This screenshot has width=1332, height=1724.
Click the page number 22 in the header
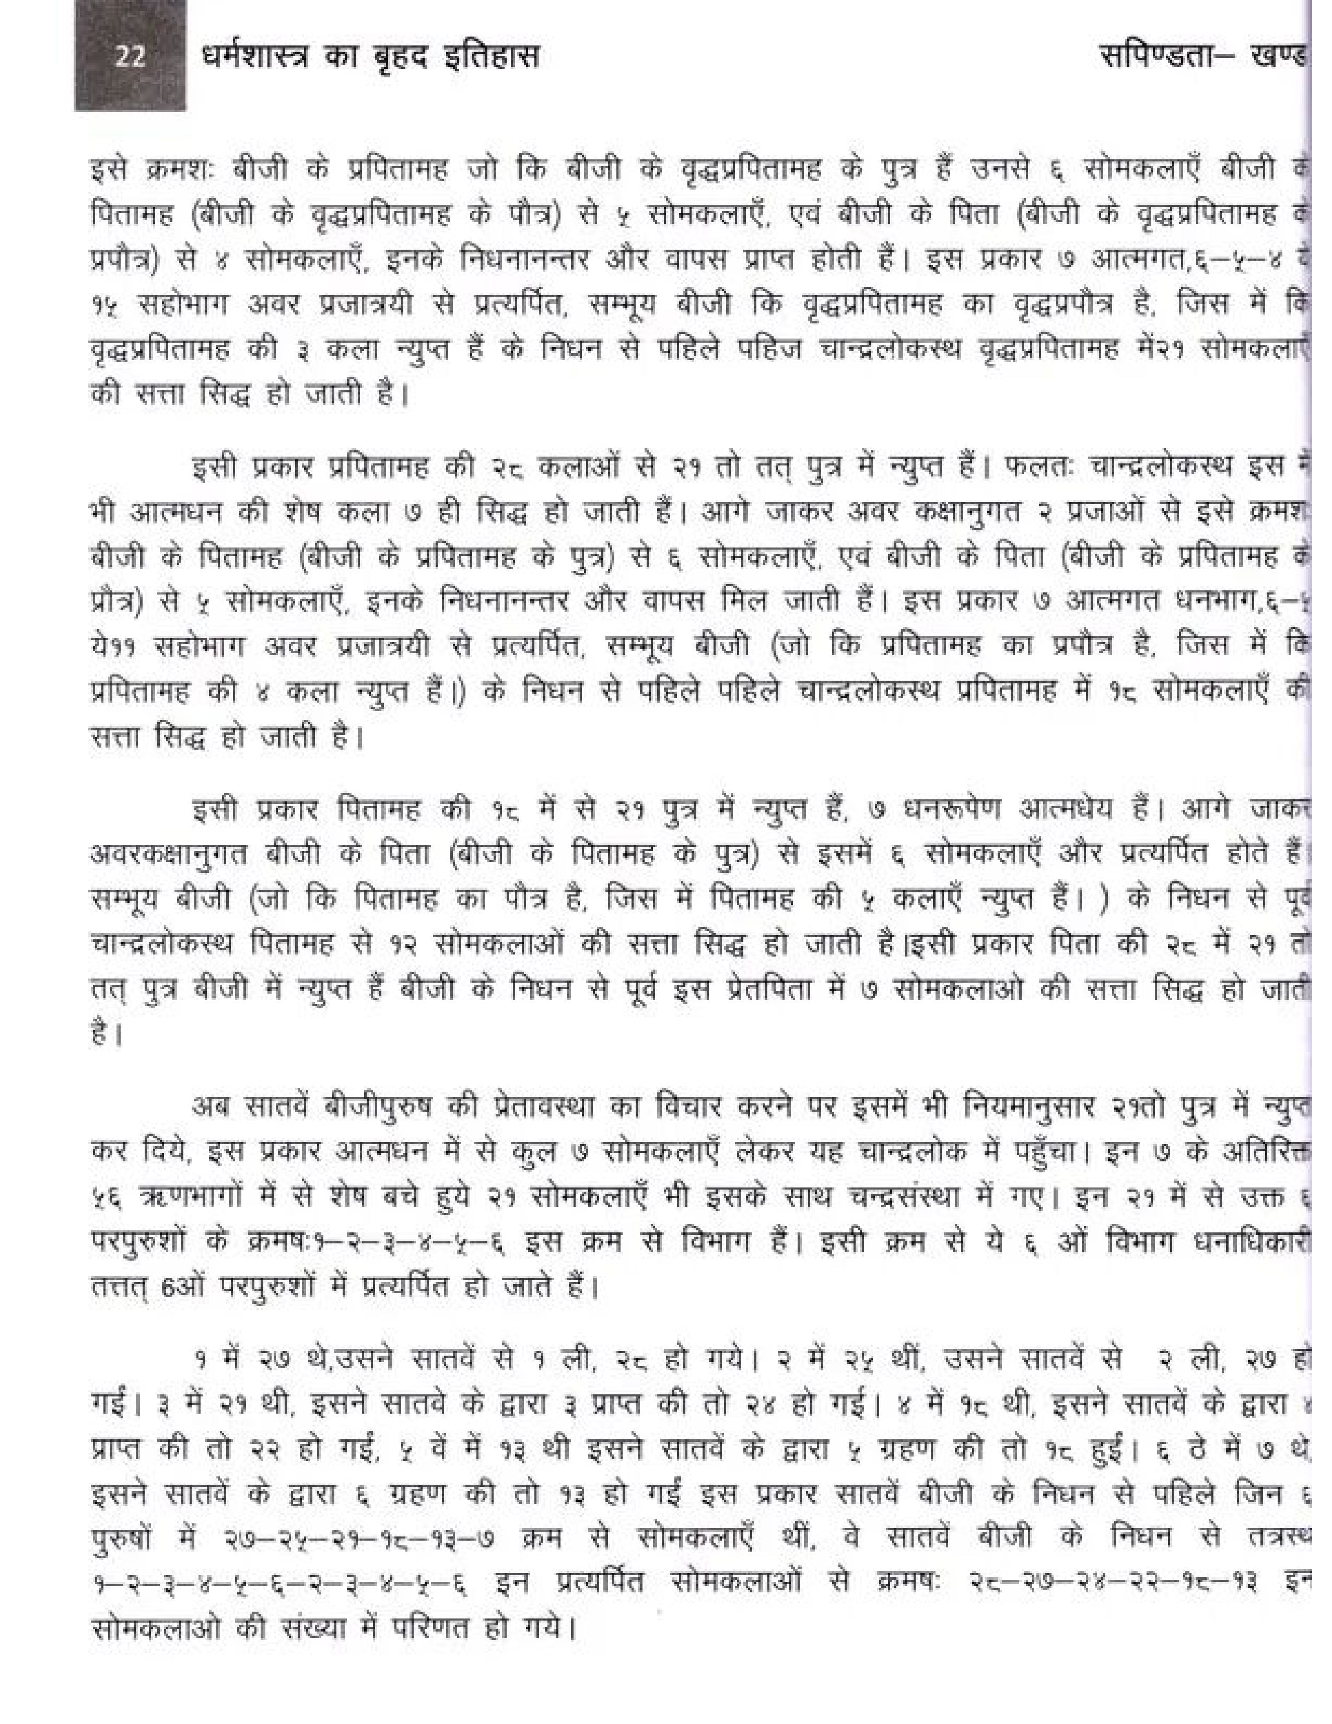coord(130,57)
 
